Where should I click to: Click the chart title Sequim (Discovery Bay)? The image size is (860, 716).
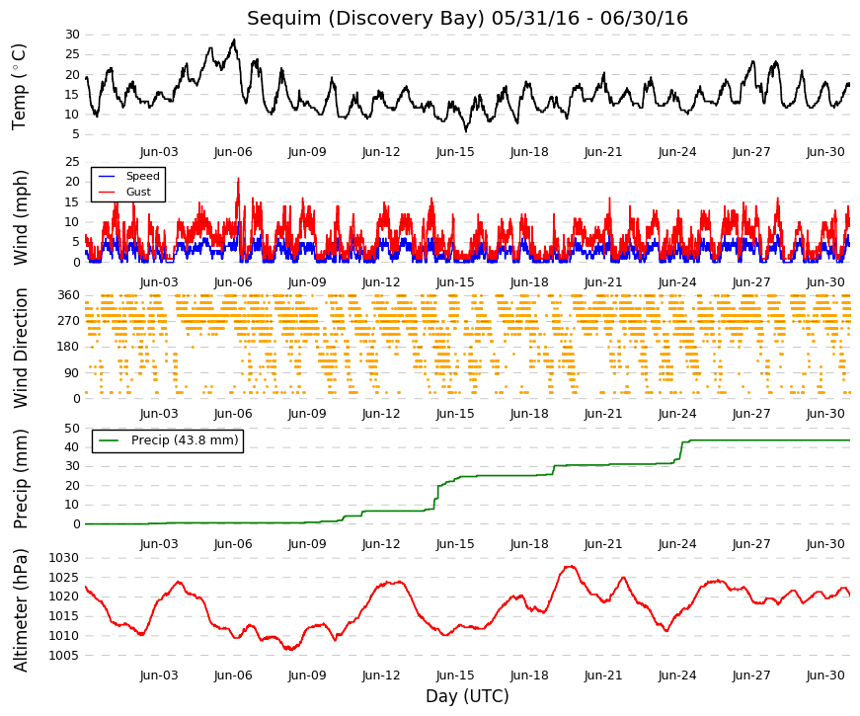coord(366,18)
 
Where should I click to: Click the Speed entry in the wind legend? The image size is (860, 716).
coord(142,176)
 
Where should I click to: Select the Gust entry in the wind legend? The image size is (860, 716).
coord(138,192)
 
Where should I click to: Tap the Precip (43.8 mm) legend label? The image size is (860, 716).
coord(185,440)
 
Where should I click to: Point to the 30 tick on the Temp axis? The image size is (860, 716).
coord(72,35)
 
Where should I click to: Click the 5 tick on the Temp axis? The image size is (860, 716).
coord(76,135)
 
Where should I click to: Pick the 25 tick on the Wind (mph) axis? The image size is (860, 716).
coord(72,162)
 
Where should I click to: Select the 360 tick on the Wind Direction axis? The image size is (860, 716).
coord(69,295)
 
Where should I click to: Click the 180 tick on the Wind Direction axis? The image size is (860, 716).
coord(69,347)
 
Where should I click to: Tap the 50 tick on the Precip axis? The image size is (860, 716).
coord(72,429)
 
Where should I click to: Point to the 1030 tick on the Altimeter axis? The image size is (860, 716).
coord(63,558)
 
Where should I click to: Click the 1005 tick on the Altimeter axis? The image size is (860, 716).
coord(63,656)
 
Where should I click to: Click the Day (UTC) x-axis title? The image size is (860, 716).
coord(467,696)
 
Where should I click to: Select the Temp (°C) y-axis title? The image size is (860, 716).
coord(19,87)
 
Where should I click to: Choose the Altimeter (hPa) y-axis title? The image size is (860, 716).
coord(21,610)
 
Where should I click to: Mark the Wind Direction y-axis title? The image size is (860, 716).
coord(21,349)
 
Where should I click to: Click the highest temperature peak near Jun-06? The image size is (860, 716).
coord(235,40)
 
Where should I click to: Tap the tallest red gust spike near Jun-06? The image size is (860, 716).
coord(238,179)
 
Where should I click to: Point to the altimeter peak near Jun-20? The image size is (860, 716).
coord(571,566)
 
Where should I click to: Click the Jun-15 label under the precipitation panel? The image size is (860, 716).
coord(455,544)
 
